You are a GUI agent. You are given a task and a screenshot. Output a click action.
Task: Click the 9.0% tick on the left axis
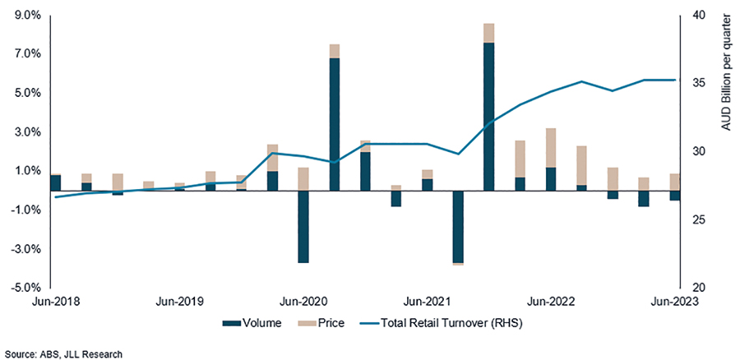click(x=17, y=15)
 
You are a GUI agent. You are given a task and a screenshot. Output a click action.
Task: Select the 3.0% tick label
click(x=17, y=132)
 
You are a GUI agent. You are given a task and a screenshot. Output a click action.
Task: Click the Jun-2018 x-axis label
click(x=51, y=302)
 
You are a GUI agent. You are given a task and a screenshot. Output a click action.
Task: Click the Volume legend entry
click(x=252, y=323)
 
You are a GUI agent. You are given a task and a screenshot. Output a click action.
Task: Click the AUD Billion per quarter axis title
click(x=726, y=74)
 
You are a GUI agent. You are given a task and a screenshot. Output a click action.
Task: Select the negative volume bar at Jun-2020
click(x=303, y=227)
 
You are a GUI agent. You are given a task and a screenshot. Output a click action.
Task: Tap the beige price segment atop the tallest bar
click(x=488, y=33)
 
